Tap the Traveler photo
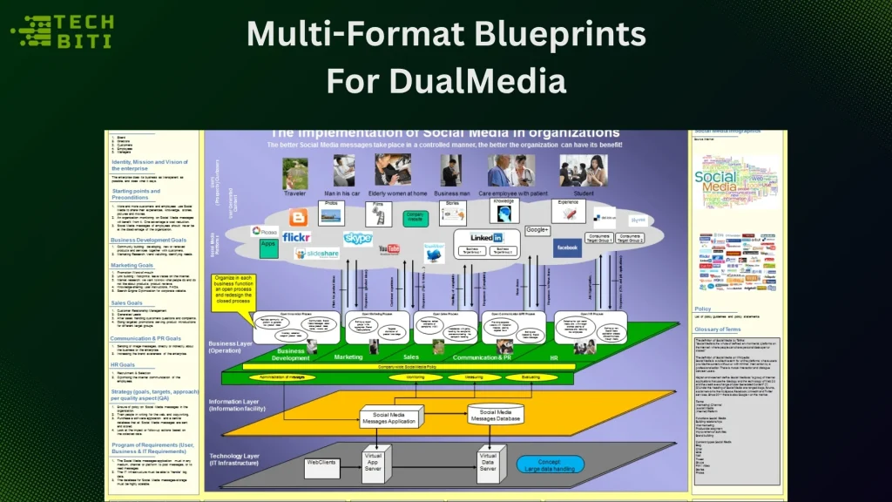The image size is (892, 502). tap(295, 173)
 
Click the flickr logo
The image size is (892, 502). tap(296, 236)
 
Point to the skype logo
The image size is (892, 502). tap(358, 238)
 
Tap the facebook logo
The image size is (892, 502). tap(567, 248)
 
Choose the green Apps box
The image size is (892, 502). tap(269, 249)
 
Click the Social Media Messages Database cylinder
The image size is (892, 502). tap(496, 417)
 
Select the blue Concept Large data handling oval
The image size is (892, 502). tap(550, 465)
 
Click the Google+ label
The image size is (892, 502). tap(537, 230)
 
